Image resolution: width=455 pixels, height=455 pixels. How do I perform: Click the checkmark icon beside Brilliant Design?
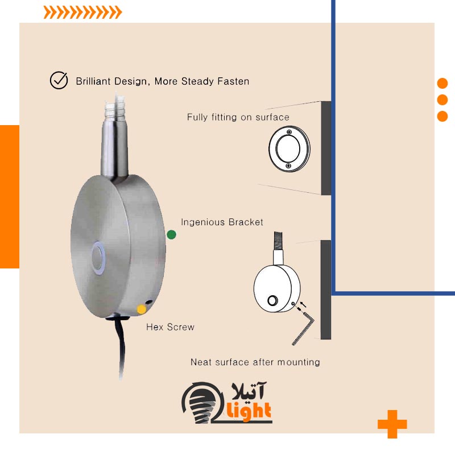59,81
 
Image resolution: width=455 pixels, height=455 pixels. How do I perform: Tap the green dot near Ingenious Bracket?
171,234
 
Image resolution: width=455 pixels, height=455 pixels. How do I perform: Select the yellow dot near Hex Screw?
141,309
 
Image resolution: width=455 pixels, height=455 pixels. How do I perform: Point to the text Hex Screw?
170,327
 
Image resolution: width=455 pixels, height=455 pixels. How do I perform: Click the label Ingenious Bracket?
222,222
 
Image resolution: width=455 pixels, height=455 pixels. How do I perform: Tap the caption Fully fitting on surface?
238,117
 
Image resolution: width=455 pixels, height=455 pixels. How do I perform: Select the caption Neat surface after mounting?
255,362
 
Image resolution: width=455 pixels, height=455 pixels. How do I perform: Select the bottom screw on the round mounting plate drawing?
288,165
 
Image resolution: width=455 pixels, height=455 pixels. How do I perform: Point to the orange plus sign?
392,424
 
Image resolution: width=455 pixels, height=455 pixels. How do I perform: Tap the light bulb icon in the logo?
197,401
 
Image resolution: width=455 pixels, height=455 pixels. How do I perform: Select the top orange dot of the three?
442,83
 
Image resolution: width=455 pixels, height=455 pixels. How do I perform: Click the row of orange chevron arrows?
82,13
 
